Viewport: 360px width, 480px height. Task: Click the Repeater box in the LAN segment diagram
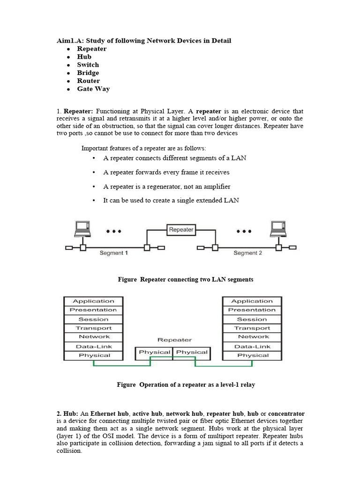tap(181, 230)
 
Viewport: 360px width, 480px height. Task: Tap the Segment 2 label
tap(248, 253)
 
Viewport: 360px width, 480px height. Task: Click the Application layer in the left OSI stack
tap(93, 301)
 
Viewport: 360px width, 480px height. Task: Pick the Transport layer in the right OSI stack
tap(252, 328)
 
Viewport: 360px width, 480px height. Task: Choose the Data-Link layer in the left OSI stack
tap(93, 346)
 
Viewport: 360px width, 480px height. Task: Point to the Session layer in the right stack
tap(252, 319)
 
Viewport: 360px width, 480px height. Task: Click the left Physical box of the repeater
tap(154, 352)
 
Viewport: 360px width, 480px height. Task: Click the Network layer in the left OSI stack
tap(93, 337)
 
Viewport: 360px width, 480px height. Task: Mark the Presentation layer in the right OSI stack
tap(252, 310)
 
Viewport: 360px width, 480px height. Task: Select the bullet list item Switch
tap(88, 65)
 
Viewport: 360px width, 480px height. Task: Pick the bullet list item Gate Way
tap(93, 89)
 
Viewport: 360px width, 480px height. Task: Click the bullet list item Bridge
tap(88, 73)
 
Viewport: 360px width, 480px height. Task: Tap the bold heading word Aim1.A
tap(69, 41)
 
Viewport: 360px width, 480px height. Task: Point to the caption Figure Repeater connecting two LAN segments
tap(186, 279)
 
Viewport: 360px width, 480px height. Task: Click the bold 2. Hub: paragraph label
tap(67, 414)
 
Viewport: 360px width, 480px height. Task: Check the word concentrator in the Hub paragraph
tap(286, 414)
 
